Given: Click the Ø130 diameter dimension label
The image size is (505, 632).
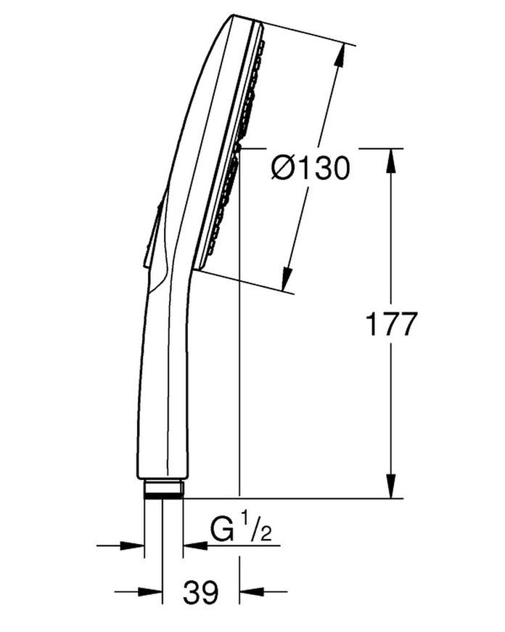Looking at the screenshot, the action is (310, 168).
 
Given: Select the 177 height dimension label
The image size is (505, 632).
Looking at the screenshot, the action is (390, 324).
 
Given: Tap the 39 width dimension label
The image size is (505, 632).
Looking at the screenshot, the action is (200, 592).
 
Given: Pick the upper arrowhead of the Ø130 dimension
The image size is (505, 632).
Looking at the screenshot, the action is (340, 56).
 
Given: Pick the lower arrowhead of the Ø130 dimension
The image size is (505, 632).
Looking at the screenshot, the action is (287, 278).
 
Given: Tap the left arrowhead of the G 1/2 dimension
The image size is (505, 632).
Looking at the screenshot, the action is (132, 546).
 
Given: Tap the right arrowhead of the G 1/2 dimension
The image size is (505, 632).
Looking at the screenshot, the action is (195, 546).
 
